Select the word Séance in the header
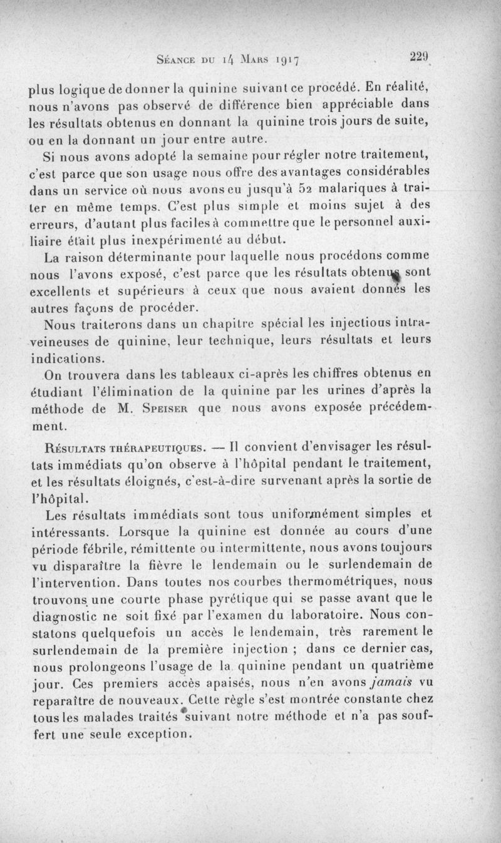(x=177, y=61)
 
